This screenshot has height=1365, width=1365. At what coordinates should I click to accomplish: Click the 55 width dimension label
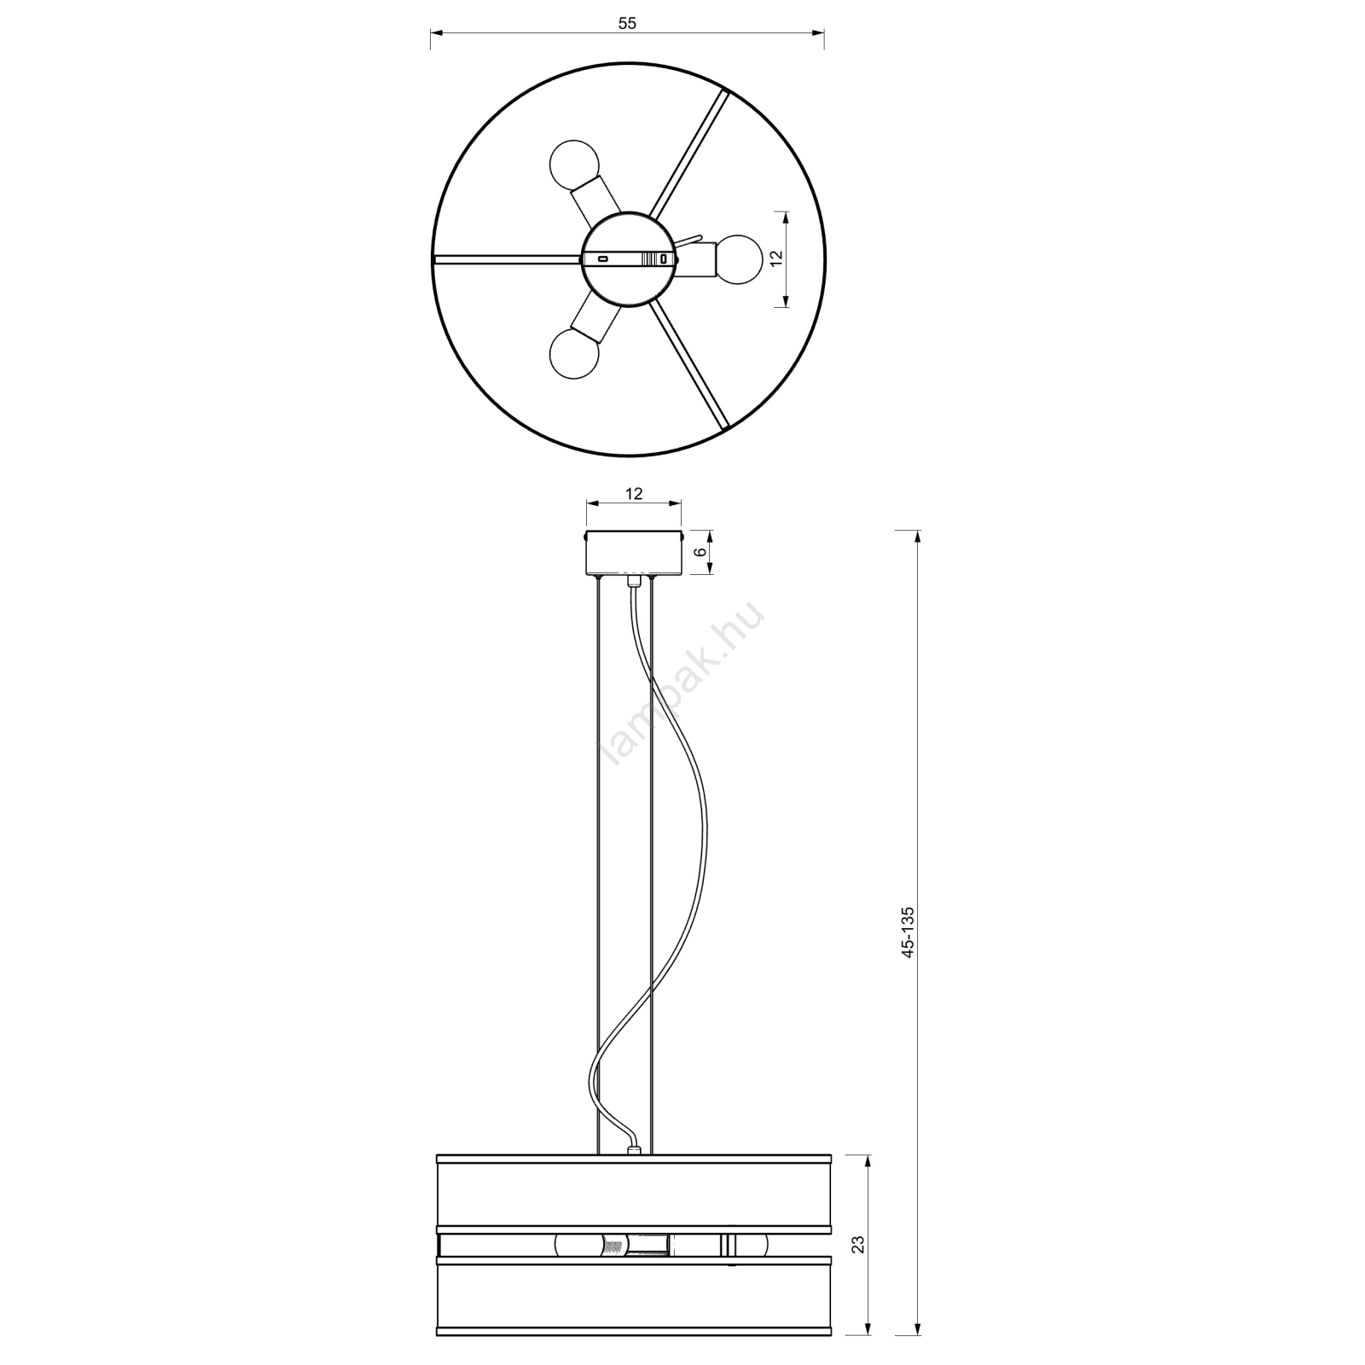click(627, 24)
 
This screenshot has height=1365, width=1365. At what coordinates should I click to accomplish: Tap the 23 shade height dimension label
click(858, 1244)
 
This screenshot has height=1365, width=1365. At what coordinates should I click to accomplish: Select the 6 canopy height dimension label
click(700, 552)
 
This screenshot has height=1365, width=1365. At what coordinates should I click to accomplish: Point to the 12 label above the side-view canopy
click(633, 493)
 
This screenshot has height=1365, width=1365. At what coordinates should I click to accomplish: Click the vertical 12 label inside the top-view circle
click(775, 259)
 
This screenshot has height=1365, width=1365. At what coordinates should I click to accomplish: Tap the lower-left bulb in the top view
click(575, 354)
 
